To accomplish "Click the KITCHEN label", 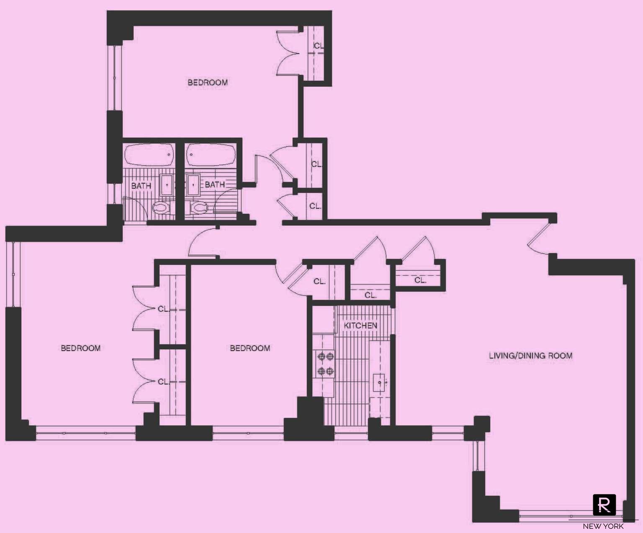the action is click(360, 325).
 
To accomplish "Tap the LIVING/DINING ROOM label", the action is click(530, 356).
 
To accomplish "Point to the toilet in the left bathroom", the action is click(161, 208).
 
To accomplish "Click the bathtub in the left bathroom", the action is click(150, 155).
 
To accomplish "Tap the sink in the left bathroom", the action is click(167, 184).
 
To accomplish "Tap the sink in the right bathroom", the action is click(193, 184).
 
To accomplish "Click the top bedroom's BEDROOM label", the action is click(208, 82).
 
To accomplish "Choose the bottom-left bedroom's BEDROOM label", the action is click(81, 348).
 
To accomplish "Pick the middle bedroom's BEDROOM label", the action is click(250, 348).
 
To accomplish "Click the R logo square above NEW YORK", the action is click(604, 505).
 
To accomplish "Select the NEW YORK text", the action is click(603, 526).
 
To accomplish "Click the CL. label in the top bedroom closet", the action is click(319, 46).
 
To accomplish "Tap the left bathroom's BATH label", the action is click(141, 186).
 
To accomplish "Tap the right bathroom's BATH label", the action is click(215, 184).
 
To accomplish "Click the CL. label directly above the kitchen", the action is click(370, 295).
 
